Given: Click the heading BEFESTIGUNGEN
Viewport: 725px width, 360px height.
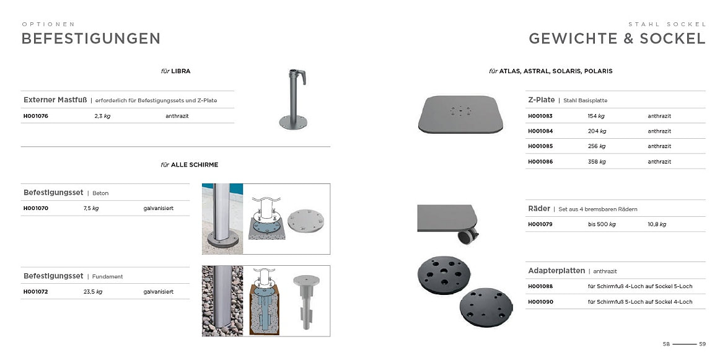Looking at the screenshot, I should click(90, 38).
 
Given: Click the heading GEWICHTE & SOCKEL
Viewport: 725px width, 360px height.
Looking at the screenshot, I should click(617, 38).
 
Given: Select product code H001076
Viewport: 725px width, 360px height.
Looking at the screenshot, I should click(36, 116).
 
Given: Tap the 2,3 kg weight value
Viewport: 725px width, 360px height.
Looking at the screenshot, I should click(102, 116).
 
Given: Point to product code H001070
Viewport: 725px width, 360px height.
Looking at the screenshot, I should click(36, 208).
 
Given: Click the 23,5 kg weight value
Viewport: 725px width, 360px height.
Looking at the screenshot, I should click(93, 291).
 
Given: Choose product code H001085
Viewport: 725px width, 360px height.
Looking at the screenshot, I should click(540, 146).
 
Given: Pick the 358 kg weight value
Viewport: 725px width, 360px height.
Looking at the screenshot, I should click(597, 162).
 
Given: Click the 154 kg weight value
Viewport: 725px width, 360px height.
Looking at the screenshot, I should click(597, 116).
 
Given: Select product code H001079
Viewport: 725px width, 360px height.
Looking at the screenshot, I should click(540, 224).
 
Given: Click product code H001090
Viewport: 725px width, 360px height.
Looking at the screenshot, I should click(540, 302).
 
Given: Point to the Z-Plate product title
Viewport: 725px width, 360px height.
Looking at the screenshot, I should click(541, 100).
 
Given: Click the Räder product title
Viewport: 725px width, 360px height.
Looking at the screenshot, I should click(539, 209).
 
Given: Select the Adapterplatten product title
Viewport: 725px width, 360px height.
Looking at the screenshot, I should click(556, 271).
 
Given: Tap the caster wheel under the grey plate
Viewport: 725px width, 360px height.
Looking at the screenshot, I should click(467, 236).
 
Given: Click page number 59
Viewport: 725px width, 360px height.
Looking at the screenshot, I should click(702, 344).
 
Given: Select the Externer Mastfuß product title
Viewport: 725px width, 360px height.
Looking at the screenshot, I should click(56, 100).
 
